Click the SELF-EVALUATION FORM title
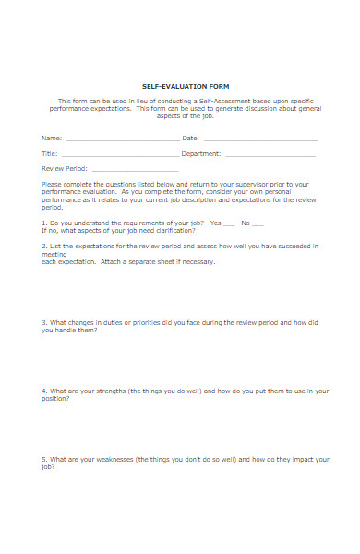tap(180, 84)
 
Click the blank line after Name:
tap(121, 139)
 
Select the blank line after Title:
tap(120, 155)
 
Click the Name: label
tap(52, 138)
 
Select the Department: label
tap(201, 153)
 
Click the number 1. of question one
tap(44, 223)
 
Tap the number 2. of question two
tap(44, 247)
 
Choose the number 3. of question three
tap(44, 322)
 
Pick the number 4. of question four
tap(44, 390)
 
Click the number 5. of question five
tap(44, 458)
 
